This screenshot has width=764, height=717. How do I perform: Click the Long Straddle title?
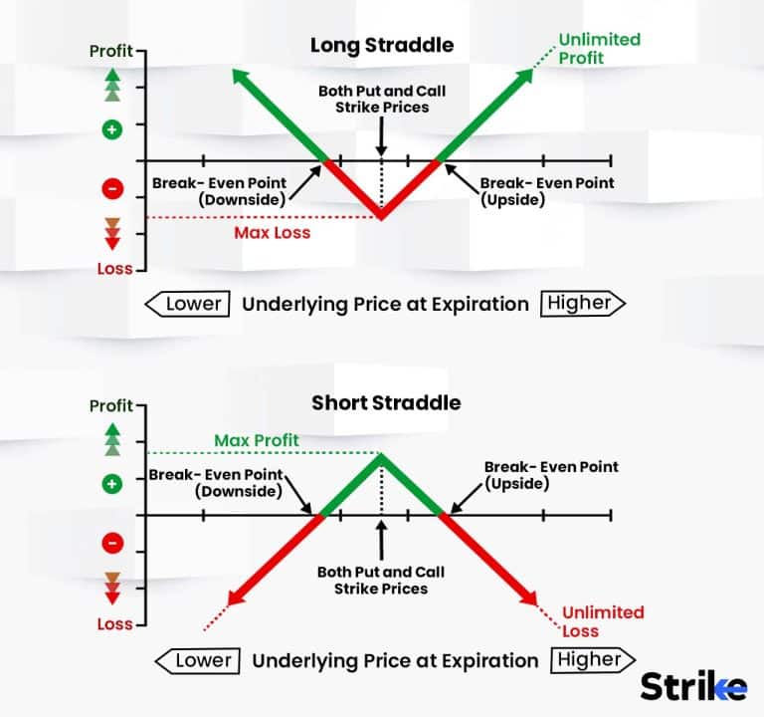[381, 46]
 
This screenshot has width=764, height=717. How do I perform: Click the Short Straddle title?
[386, 403]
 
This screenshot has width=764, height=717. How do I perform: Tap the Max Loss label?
[272, 233]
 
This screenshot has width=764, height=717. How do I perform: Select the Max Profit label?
[256, 440]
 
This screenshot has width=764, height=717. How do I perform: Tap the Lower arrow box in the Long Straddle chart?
[189, 304]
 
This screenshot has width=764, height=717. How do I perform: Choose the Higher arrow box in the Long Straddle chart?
[582, 304]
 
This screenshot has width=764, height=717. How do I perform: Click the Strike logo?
[692, 686]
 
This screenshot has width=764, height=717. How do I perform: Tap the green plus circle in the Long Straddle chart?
[111, 128]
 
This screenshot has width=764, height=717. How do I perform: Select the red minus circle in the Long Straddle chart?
[111, 188]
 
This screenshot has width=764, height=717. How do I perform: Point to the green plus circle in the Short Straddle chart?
[111, 484]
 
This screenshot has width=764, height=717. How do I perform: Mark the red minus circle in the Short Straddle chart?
[111, 544]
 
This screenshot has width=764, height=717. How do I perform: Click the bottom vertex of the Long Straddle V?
[381, 217]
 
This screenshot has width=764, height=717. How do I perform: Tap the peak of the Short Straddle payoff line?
[381, 455]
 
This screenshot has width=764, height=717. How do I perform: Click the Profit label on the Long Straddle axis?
[110, 51]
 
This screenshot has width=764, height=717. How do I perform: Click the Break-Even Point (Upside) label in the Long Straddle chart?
[546, 191]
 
